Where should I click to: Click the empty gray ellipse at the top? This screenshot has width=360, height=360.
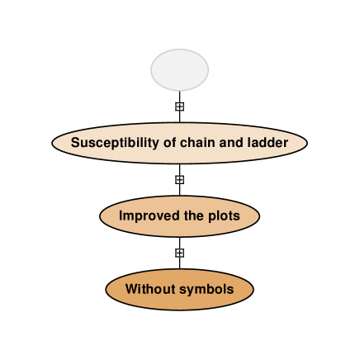pyautogui.click(x=179, y=70)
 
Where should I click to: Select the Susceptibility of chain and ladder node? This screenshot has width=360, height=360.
pyautogui.click(x=179, y=142)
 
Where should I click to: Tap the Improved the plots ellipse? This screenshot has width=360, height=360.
pyautogui.click(x=179, y=216)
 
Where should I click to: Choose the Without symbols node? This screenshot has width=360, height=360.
pyautogui.click(x=179, y=290)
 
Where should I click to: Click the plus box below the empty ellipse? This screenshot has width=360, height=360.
pyautogui.click(x=179, y=107)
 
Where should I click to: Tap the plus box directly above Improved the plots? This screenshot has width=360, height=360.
pyautogui.click(x=179, y=179)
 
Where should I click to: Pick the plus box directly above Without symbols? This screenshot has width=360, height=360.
pyautogui.click(x=179, y=253)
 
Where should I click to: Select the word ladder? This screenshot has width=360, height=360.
pyautogui.click(x=267, y=142)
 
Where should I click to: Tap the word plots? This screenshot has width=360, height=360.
pyautogui.click(x=223, y=216)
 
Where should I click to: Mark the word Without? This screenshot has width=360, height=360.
pyautogui.click(x=149, y=290)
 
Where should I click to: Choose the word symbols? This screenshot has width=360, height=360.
pyautogui.click(x=206, y=290)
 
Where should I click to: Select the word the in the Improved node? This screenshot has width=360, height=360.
pyautogui.click(x=192, y=216)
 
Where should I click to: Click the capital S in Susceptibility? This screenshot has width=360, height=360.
pyautogui.click(x=75, y=142)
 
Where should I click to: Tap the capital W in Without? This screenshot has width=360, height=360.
pyautogui.click(x=131, y=290)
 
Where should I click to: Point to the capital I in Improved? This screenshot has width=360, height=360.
pyautogui.click(x=121, y=216)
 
